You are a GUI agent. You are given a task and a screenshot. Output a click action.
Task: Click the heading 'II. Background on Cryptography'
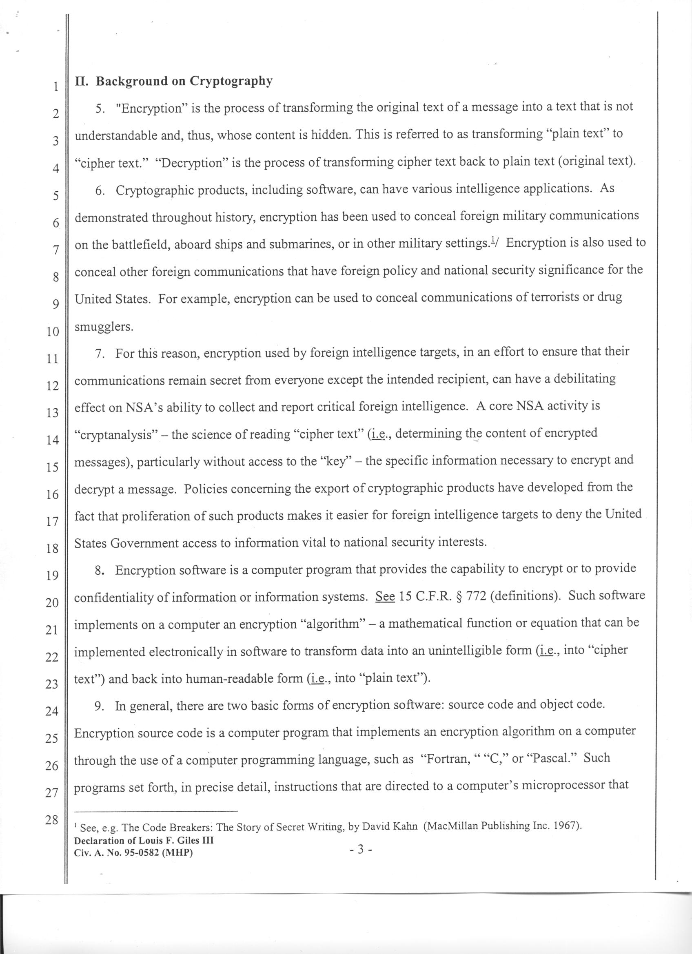pyautogui.click(x=173, y=81)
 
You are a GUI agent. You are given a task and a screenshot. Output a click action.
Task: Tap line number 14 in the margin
pyautogui.click(x=52, y=440)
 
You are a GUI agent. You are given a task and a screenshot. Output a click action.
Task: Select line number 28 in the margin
pyautogui.click(x=52, y=820)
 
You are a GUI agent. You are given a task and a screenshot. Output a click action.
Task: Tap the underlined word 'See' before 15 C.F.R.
pyautogui.click(x=385, y=597)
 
